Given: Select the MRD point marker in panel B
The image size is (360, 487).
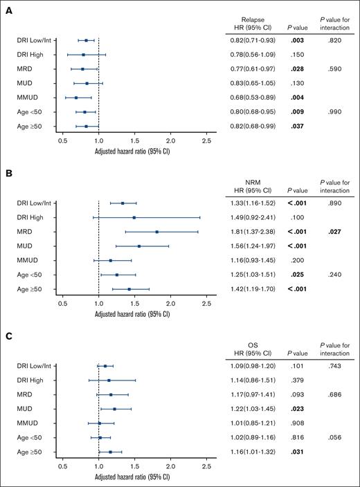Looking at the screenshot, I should [x=157, y=232].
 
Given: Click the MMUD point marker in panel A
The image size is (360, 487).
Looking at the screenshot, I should [x=76, y=98].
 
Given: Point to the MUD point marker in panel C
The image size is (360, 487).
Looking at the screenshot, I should [x=115, y=409].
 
